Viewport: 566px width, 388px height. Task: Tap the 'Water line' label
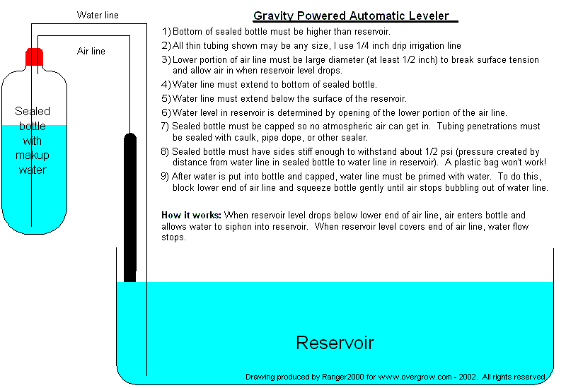pyautogui.click(x=98, y=15)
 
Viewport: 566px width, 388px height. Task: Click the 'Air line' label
pyautogui.click(x=91, y=51)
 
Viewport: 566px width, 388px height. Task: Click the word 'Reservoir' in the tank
pyautogui.click(x=335, y=343)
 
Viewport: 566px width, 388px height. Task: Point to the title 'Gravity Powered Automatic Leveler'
pyautogui.click(x=351, y=16)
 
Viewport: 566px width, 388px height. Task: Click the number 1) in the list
pyautogui.click(x=166, y=32)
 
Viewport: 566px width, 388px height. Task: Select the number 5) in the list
pyautogui.click(x=166, y=99)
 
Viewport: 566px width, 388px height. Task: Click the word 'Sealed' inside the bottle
pyautogui.click(x=33, y=112)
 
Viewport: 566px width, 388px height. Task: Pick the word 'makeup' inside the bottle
pyautogui.click(x=33, y=155)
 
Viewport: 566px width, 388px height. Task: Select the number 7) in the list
pyautogui.click(x=166, y=127)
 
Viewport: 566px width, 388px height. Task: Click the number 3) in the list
pyautogui.click(x=166, y=59)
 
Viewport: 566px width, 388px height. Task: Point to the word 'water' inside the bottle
pyautogui.click(x=33, y=170)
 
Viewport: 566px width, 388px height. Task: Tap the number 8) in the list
pyautogui.click(x=166, y=151)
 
